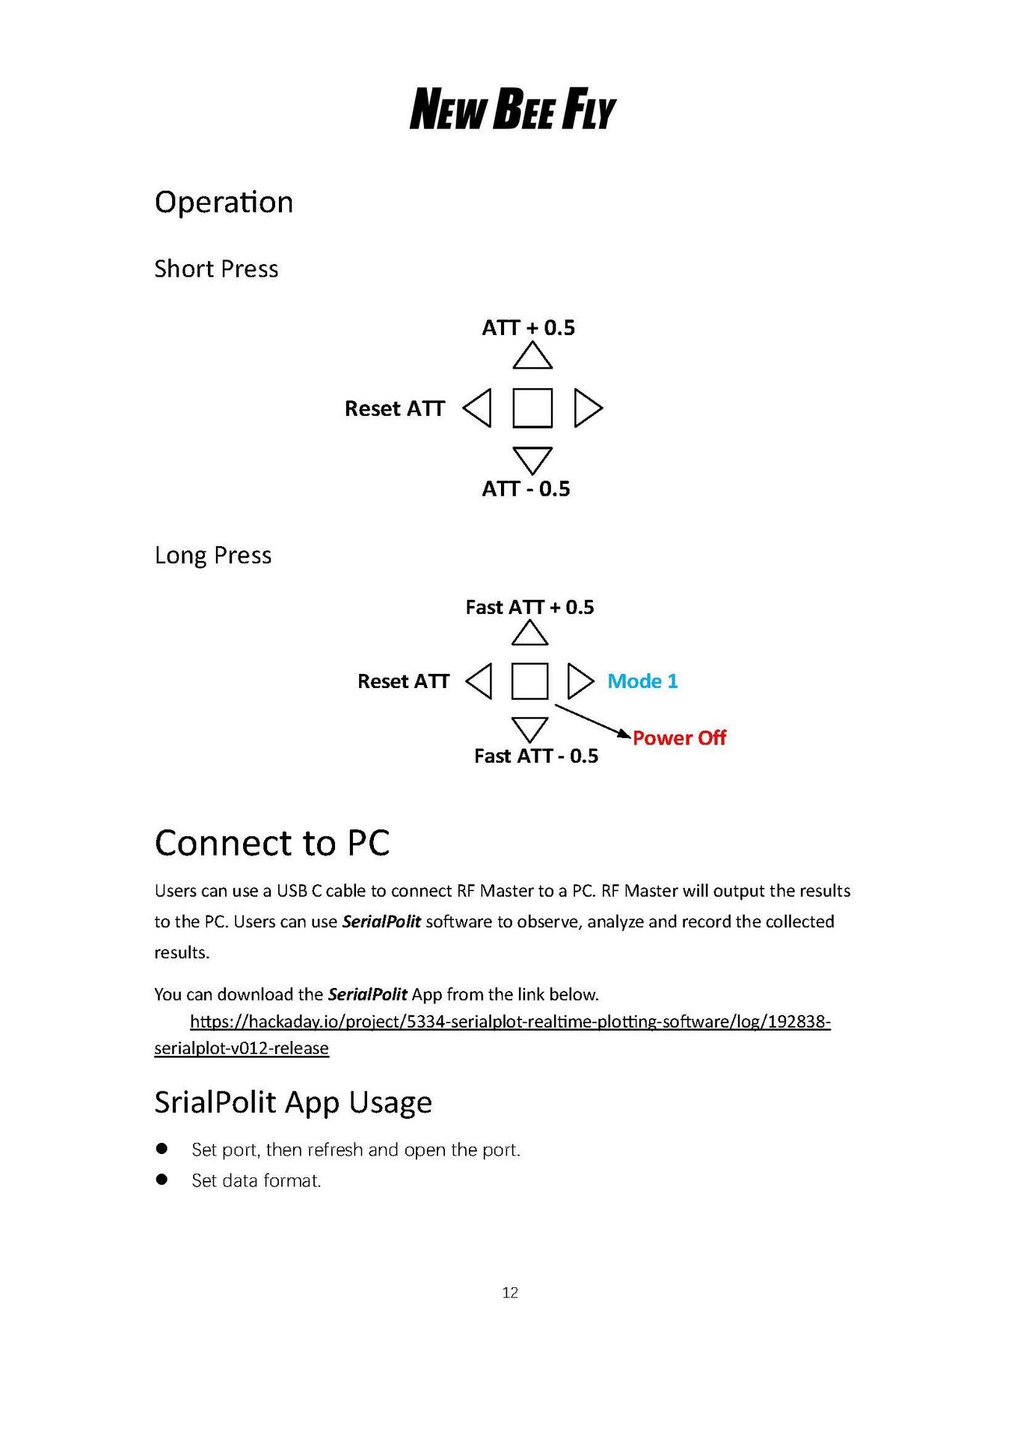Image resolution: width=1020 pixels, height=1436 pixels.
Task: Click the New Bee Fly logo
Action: pyautogui.click(x=512, y=109)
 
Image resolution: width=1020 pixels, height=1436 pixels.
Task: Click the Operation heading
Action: pyautogui.click(x=224, y=202)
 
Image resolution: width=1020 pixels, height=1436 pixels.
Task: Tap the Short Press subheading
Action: pyautogui.click(x=216, y=269)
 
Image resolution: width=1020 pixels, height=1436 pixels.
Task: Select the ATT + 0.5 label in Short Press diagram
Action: pyautogui.click(x=528, y=328)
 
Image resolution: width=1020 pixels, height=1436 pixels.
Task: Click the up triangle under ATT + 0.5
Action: pyautogui.click(x=532, y=357)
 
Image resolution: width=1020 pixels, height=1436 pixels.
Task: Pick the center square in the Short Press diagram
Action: pyautogui.click(x=532, y=408)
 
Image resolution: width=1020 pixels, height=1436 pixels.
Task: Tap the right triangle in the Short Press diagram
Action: pyautogui.click(x=587, y=408)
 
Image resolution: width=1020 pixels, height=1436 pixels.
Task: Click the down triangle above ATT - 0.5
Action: pyautogui.click(x=532, y=459)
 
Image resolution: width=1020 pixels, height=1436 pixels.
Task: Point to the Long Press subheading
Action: pyautogui.click(x=213, y=555)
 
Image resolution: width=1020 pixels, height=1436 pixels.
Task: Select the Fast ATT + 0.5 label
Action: pyautogui.click(x=529, y=607)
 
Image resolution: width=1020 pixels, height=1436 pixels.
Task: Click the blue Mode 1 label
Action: pyautogui.click(x=642, y=681)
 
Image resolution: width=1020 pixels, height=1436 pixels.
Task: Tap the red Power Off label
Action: pyautogui.click(x=679, y=738)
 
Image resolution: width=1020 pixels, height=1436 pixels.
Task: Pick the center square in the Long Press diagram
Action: pyautogui.click(x=529, y=681)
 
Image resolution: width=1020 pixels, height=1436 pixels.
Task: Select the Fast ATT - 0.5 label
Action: pyautogui.click(x=536, y=756)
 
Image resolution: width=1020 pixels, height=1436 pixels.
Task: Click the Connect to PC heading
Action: pyautogui.click(x=272, y=843)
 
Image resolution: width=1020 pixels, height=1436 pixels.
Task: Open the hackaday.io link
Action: pyautogui.click(x=510, y=1022)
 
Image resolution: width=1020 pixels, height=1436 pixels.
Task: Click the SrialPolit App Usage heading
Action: pyautogui.click(x=293, y=1102)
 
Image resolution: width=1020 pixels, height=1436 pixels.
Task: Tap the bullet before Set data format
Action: pyautogui.click(x=162, y=1179)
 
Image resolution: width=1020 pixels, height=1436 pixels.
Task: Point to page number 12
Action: pyautogui.click(x=510, y=1292)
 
